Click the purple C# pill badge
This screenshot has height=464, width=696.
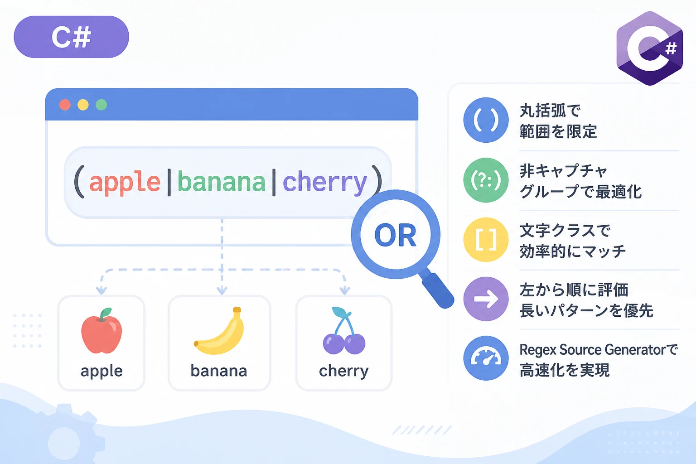(71, 37)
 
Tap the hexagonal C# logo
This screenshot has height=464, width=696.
(650, 48)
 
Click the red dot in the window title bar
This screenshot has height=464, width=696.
(65, 105)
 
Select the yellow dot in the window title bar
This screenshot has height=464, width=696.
(83, 105)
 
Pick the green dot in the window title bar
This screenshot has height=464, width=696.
(101, 105)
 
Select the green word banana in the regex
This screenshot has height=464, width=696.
(221, 182)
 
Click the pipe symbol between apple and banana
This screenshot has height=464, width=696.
(169, 182)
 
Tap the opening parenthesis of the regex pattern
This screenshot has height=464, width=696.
(79, 182)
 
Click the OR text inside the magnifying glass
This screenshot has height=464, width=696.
(395, 235)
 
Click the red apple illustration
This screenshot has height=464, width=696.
(101, 331)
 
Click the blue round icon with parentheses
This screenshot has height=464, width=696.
(486, 120)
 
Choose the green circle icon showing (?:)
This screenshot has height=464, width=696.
(486, 180)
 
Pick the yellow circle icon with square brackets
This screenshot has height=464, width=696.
(486, 240)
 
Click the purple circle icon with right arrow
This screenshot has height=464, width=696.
(486, 299)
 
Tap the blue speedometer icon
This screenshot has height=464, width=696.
(486, 358)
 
